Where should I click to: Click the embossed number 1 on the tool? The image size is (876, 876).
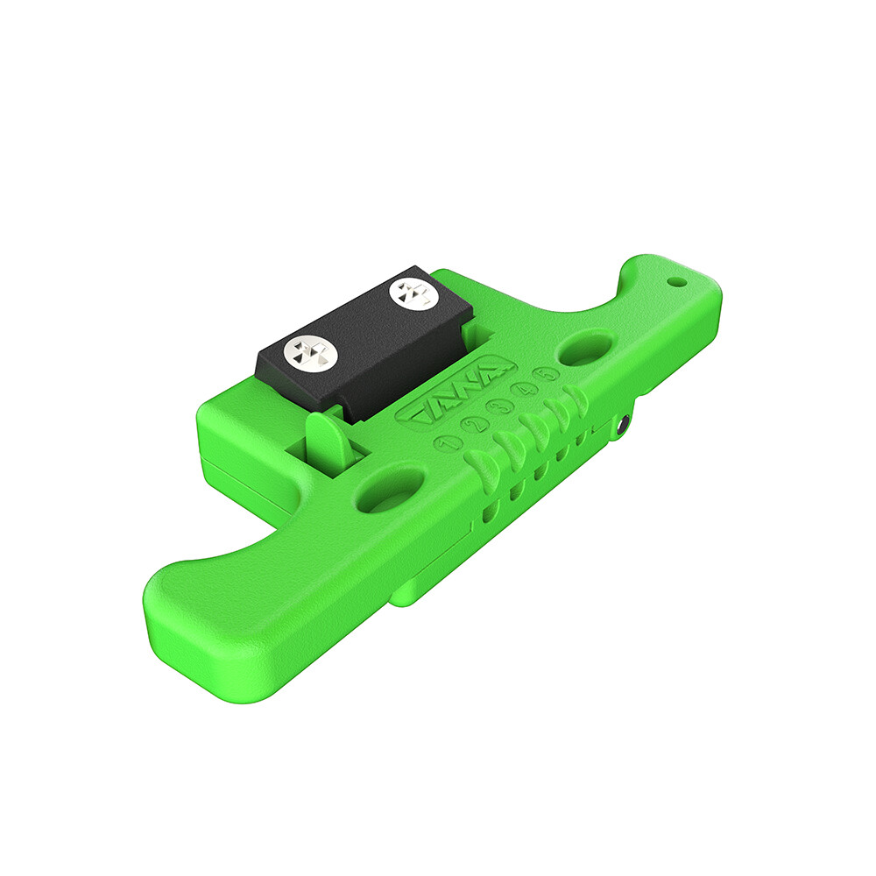[x=447, y=444]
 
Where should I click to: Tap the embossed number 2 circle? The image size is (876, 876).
[x=472, y=427]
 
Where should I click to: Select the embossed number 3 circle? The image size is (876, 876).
[x=498, y=408]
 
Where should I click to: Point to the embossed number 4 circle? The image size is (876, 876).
[x=524, y=390]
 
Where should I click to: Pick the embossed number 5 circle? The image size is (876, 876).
[x=547, y=374]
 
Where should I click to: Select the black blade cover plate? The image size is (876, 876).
[x=364, y=342]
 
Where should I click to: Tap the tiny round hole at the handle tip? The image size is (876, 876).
[x=677, y=283]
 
